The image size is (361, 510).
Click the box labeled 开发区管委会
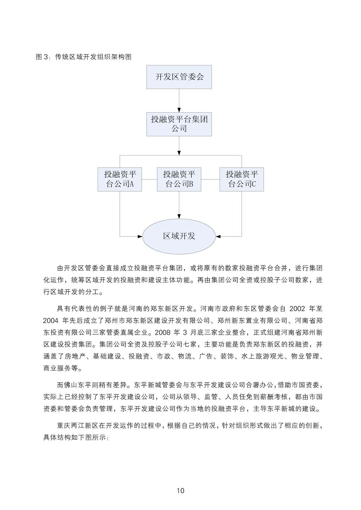pos(179,77)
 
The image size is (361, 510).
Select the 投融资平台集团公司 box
pos(179,124)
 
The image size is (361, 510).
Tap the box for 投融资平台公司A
pos(120,179)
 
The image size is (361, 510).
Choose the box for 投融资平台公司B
pos(179,179)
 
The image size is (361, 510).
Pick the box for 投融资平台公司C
pos(242,179)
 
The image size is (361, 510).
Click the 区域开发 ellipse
pos(179,236)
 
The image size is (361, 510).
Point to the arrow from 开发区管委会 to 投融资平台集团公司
pos(179,100)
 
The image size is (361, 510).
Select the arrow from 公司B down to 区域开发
pos(179,205)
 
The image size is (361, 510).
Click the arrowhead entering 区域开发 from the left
pos(140,237)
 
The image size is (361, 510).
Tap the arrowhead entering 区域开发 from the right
pos(218,237)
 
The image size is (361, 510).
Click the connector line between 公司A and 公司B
pos(149,179)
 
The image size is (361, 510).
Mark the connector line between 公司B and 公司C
pos(210,179)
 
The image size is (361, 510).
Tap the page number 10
pos(180,491)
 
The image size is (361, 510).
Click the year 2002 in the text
pos(297,308)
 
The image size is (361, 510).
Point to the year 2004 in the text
pos(51,321)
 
